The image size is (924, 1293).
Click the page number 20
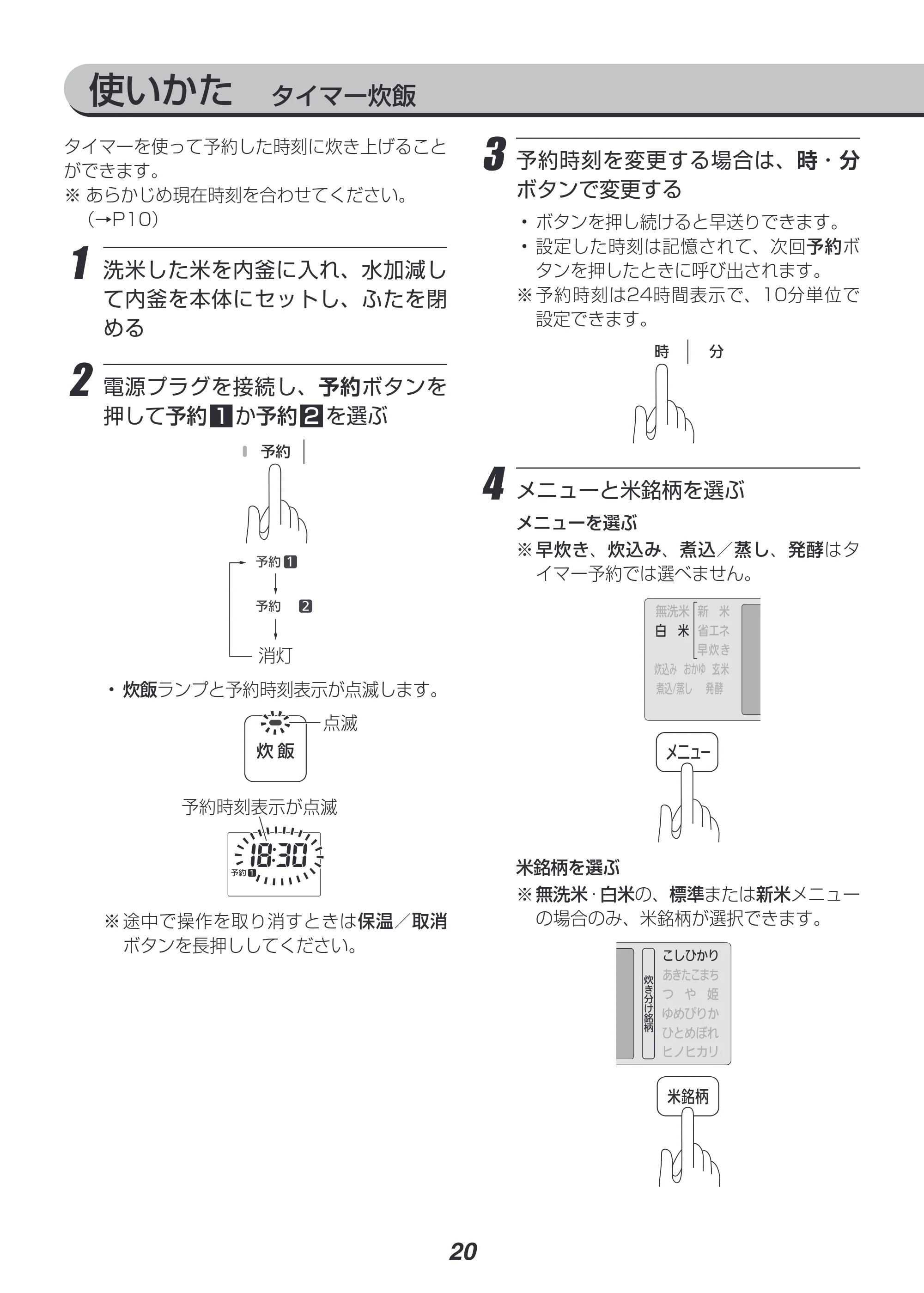(463, 1251)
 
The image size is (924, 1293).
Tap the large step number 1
(81, 263)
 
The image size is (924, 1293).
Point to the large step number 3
(494, 154)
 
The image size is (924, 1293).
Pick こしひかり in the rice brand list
(690, 956)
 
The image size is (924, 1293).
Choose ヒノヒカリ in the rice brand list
(690, 1051)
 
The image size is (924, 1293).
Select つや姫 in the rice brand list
(690, 994)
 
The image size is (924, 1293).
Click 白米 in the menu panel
(672, 631)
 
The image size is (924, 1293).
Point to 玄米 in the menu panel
(720, 669)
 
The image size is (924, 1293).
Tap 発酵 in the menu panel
(714, 689)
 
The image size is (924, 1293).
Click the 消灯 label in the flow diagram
(275, 656)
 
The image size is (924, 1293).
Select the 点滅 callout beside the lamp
(340, 723)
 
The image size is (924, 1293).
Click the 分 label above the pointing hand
(716, 352)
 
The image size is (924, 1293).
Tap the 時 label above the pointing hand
(662, 352)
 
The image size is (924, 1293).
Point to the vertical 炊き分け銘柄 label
(649, 1003)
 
